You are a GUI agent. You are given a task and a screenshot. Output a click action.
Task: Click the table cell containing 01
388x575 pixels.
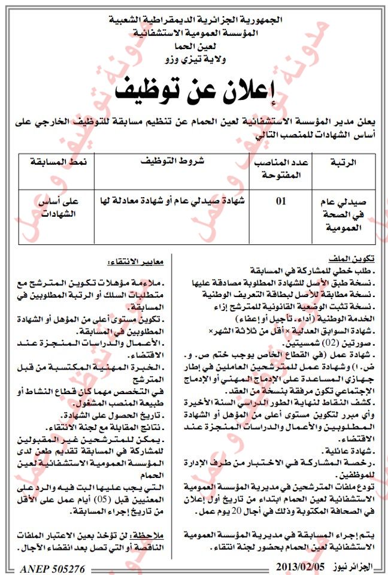point(280,202)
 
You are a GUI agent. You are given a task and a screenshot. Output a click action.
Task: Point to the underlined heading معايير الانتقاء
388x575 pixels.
point(137,262)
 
